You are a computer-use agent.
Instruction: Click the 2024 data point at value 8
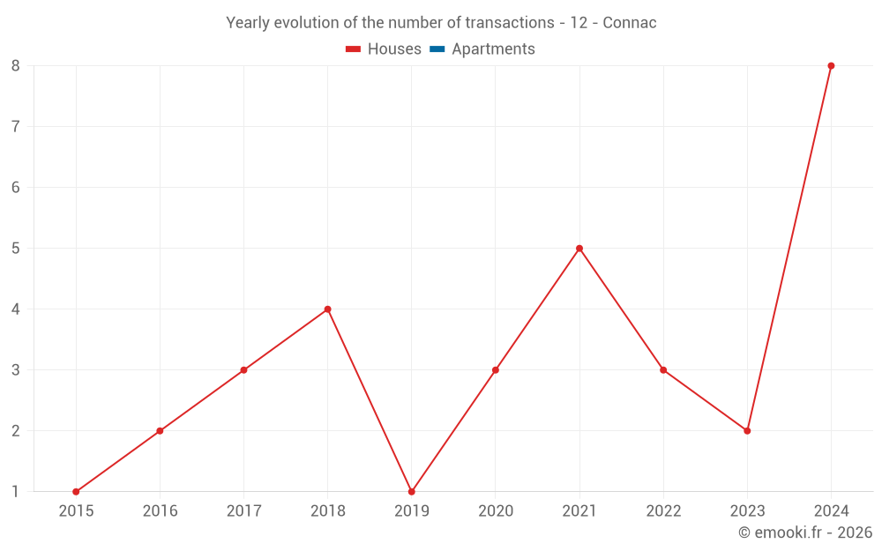(x=831, y=65)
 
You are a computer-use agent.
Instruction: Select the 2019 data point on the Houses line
(x=411, y=492)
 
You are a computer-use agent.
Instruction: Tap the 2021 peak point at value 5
(x=579, y=249)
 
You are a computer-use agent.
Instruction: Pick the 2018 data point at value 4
(x=327, y=309)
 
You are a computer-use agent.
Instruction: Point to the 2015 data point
(x=76, y=492)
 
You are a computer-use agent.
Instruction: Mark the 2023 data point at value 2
(x=747, y=431)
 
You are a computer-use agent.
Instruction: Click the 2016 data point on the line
(x=160, y=431)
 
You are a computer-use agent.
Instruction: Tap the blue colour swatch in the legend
(x=437, y=49)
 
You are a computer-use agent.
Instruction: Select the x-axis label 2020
(x=495, y=511)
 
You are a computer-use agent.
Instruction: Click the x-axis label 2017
(x=243, y=511)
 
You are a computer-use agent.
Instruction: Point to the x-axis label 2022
(x=663, y=511)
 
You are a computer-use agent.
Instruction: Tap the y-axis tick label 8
(x=16, y=65)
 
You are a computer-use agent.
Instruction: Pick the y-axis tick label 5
(x=16, y=249)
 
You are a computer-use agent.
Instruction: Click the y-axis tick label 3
(x=16, y=370)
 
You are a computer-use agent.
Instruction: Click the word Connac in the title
(x=629, y=23)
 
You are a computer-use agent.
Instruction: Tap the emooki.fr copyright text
(x=805, y=532)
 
